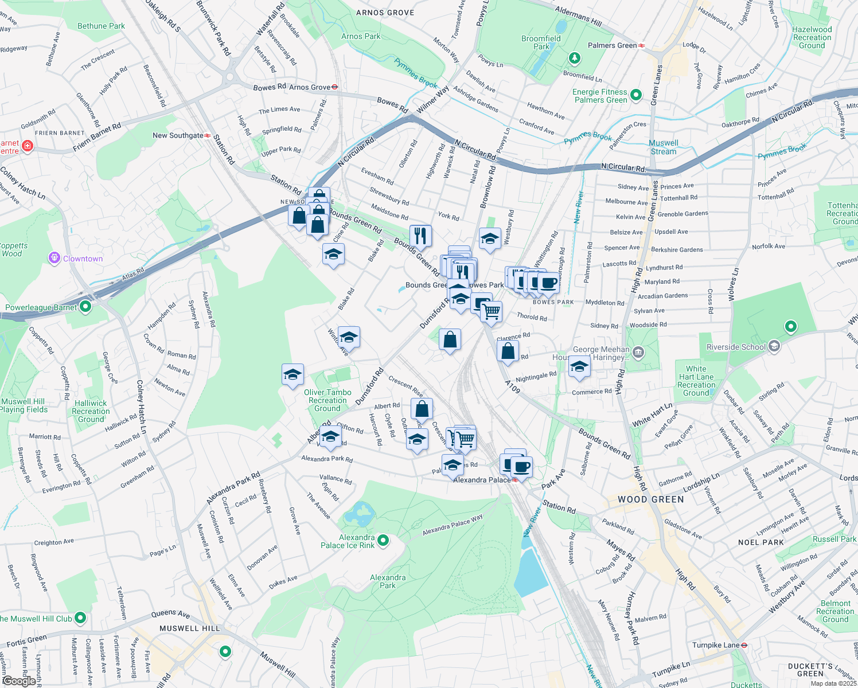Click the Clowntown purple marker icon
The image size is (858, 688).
pos(54,258)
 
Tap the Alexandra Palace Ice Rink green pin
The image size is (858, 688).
pos(383,540)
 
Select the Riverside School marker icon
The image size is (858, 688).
pos(774,346)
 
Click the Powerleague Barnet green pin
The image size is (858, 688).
pos(85,307)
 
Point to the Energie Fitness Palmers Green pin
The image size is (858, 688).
pos(635,95)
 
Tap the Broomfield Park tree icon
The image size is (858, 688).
pos(574,58)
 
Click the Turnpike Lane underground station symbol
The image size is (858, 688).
pos(744,645)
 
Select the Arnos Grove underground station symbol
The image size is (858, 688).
pos(335,87)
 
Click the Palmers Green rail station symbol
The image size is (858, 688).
pos(642,45)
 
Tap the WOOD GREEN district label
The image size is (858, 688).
pos(650,499)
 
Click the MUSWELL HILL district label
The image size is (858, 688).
pos(189,628)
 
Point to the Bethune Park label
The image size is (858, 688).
pos(101,26)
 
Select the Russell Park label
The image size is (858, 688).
pos(834,539)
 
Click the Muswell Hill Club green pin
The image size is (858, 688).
pos(80,618)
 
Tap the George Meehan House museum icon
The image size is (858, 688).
pos(638,351)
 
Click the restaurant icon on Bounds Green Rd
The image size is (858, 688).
pos(420,235)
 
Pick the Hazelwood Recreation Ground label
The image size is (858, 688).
pos(812,37)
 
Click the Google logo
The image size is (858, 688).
pos(19,681)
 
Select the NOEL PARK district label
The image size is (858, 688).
pos(760,542)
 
